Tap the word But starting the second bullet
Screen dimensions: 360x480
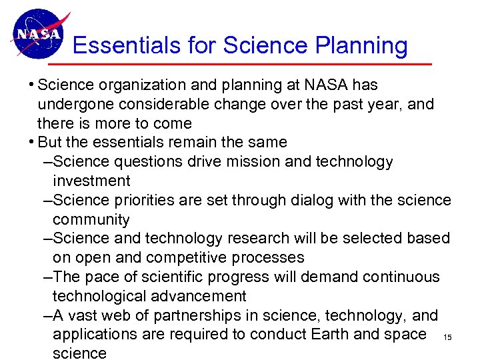pos(51,143)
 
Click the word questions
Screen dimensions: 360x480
pos(150,162)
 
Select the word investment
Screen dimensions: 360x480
pos(91,181)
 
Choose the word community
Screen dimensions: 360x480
pos(91,219)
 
